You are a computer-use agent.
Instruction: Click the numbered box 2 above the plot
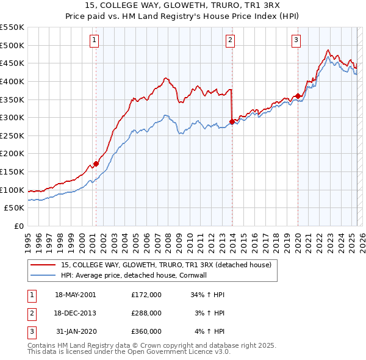231,41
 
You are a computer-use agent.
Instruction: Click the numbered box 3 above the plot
296,41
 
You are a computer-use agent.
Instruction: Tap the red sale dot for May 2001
96,164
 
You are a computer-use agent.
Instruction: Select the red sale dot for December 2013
232,121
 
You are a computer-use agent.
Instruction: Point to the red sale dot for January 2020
298,96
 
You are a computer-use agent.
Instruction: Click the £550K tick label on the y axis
12,27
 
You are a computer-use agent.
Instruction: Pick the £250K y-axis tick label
12,135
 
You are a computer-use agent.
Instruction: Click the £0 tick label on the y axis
20,226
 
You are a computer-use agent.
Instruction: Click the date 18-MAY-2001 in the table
76,295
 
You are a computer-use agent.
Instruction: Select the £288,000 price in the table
146,313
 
